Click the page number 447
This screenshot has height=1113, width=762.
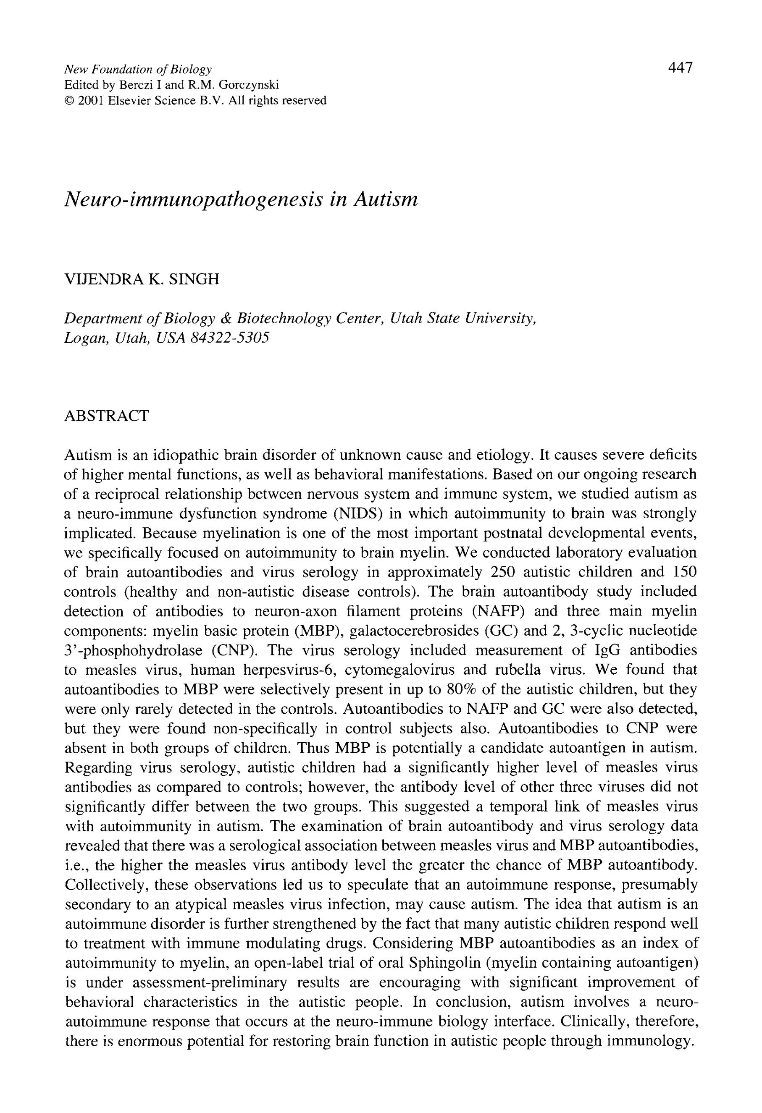tap(680, 68)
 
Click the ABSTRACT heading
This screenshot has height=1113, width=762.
tap(106, 416)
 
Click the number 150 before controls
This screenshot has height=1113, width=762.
tap(685, 572)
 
